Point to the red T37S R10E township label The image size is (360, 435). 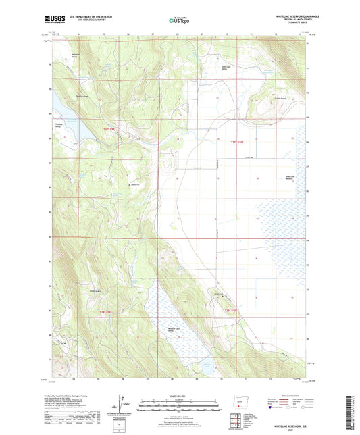click(232, 142)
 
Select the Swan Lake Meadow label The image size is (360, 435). click(289, 178)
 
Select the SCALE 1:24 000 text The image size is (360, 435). click(180, 396)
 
